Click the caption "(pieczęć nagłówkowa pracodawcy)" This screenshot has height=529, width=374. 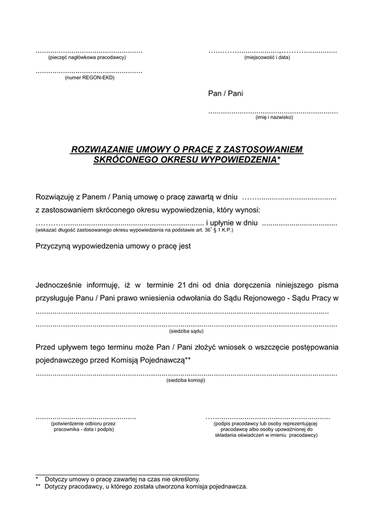pyautogui.click(x=87, y=57)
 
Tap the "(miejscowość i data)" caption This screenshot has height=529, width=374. pyautogui.click(x=267, y=57)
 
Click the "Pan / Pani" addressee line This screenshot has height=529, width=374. pyautogui.click(x=226, y=94)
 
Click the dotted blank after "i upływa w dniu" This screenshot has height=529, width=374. pyautogui.click(x=299, y=222)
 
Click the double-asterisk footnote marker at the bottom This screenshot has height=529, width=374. pyautogui.click(x=38, y=487)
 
